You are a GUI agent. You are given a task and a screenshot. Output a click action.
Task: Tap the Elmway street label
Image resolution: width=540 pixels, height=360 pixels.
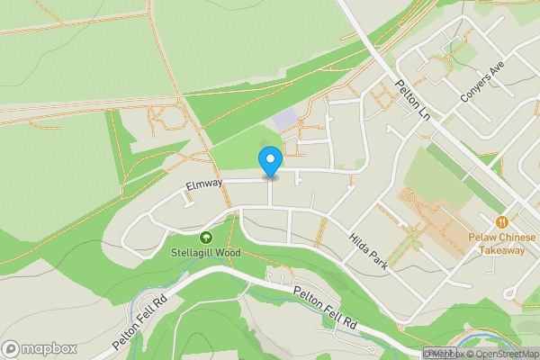tap(203, 184)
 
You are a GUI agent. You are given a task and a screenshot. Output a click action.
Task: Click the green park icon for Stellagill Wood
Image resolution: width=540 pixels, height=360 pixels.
tap(206, 238)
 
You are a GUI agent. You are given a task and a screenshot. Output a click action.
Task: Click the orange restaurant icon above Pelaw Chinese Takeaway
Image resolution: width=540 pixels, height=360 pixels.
tap(501, 221)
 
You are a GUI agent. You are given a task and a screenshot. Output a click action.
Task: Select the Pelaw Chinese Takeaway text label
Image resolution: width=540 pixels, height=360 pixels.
tap(496, 243)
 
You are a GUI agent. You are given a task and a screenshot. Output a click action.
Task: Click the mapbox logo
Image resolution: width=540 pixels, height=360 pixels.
tap(38, 348)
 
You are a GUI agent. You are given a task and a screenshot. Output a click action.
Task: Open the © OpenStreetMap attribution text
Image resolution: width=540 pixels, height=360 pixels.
tap(502, 354)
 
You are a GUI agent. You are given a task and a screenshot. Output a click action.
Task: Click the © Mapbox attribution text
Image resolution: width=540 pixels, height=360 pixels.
tap(445, 354)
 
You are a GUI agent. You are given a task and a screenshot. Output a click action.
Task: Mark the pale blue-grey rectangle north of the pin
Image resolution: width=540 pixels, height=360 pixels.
tap(283, 118)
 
